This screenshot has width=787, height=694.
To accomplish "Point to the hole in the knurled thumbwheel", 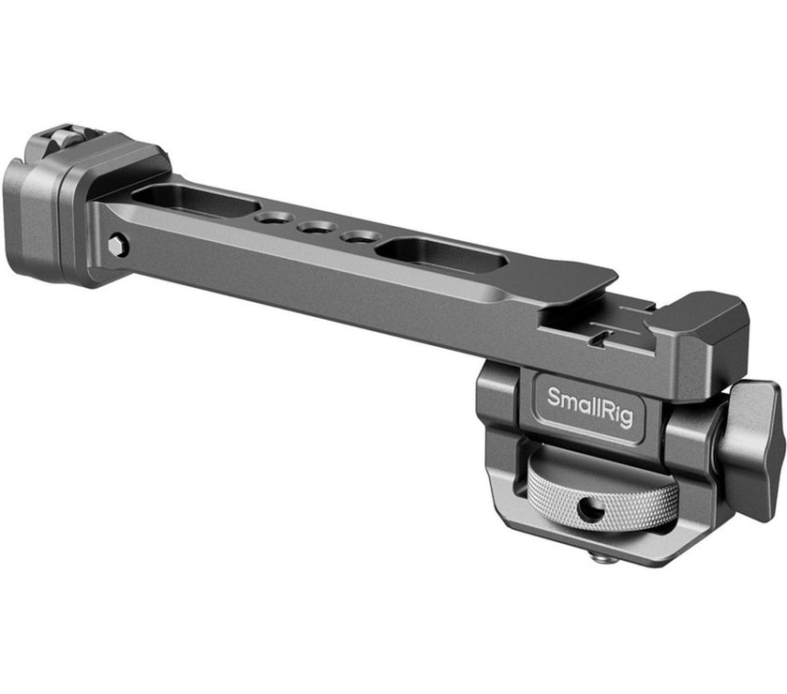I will click(589, 510).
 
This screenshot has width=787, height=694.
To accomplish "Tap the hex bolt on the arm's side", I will click(116, 246).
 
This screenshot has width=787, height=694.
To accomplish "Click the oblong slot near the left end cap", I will click(195, 199).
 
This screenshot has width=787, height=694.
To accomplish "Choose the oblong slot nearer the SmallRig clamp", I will click(440, 253).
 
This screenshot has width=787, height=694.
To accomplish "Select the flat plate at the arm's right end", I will click(562, 281).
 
